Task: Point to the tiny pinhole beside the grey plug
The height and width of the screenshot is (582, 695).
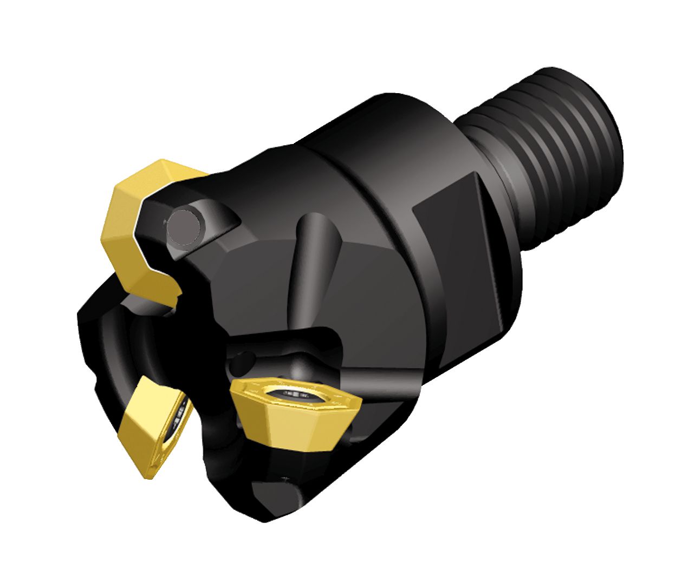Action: click(x=164, y=222)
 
